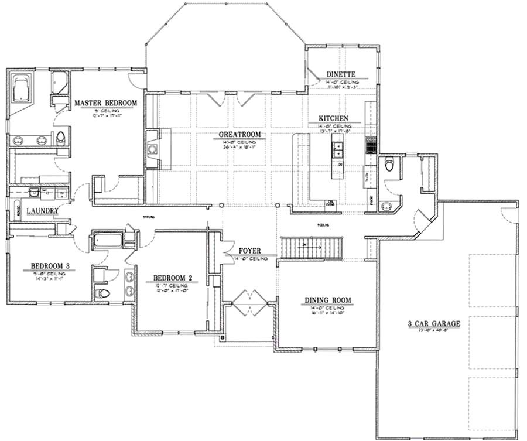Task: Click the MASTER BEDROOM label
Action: click(105, 104)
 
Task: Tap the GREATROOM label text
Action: click(239, 135)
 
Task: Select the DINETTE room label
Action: click(341, 75)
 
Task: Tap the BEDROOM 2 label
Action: click(173, 278)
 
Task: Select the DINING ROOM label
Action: click(327, 300)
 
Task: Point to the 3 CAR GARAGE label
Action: click(434, 323)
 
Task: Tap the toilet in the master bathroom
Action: click(60, 138)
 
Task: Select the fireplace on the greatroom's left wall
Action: click(153, 149)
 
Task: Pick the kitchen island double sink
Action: click(338, 151)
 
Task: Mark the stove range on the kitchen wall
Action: click(371, 144)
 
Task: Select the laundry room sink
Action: click(33, 192)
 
